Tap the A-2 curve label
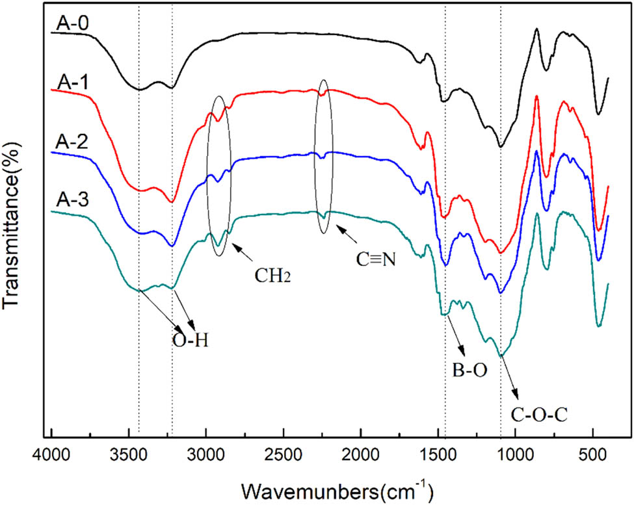[x=73, y=142]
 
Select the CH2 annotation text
[x=272, y=275]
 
